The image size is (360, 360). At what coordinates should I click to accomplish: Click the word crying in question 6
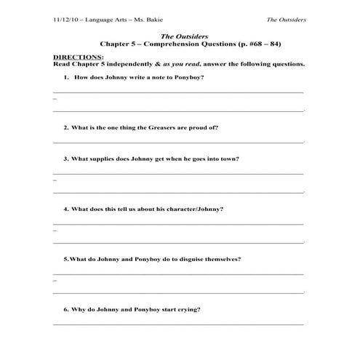[189, 309]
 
